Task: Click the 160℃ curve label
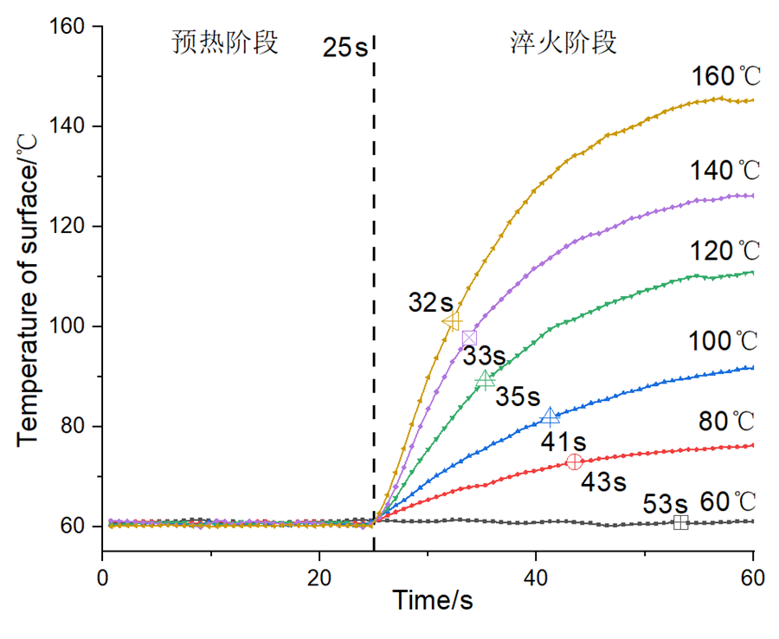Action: [725, 76]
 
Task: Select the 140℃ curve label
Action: [725, 171]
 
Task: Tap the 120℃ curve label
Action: [725, 251]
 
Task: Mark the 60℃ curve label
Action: [727, 500]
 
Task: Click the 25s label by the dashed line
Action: [344, 47]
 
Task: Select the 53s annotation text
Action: [666, 504]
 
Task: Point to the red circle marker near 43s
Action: [574, 461]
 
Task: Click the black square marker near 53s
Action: [680, 522]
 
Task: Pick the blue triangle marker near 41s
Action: [550, 417]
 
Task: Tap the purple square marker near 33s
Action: [469, 338]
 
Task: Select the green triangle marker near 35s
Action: [486, 379]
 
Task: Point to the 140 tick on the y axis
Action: [78, 126]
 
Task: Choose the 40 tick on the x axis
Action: [537, 571]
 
